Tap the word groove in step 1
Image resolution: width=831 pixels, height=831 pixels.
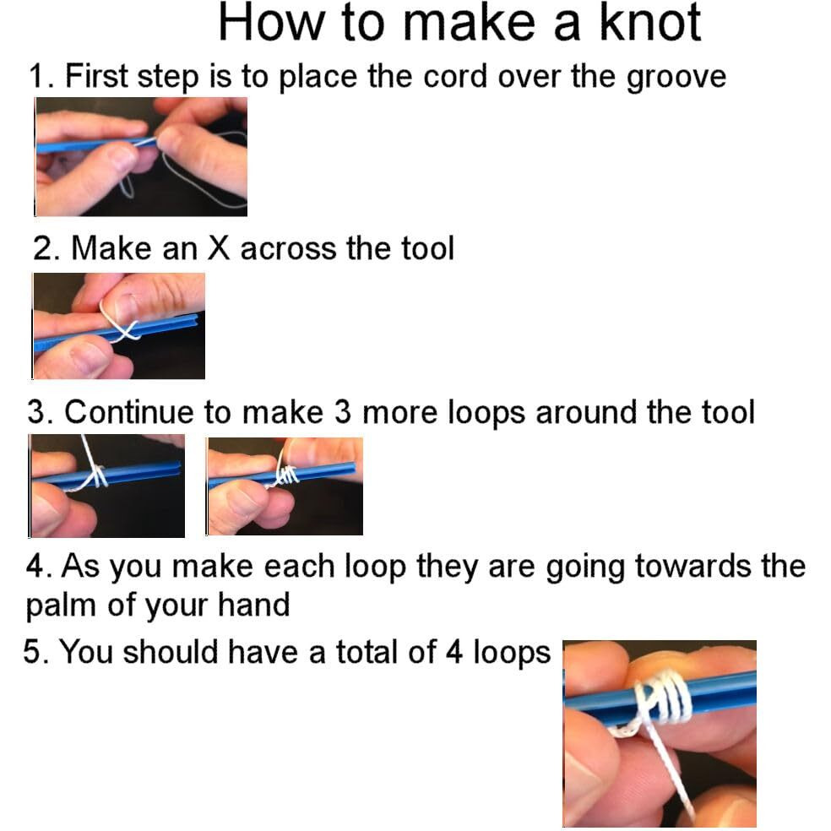[676, 78]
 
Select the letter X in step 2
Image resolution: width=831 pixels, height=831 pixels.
[219, 248]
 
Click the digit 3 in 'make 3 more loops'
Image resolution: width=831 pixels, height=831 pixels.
[343, 412]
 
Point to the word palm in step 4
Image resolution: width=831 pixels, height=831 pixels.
[61, 606]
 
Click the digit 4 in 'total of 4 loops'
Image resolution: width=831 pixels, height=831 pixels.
[454, 652]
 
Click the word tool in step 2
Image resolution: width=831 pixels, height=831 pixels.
[427, 248]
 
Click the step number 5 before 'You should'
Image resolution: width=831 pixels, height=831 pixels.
[32, 652]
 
